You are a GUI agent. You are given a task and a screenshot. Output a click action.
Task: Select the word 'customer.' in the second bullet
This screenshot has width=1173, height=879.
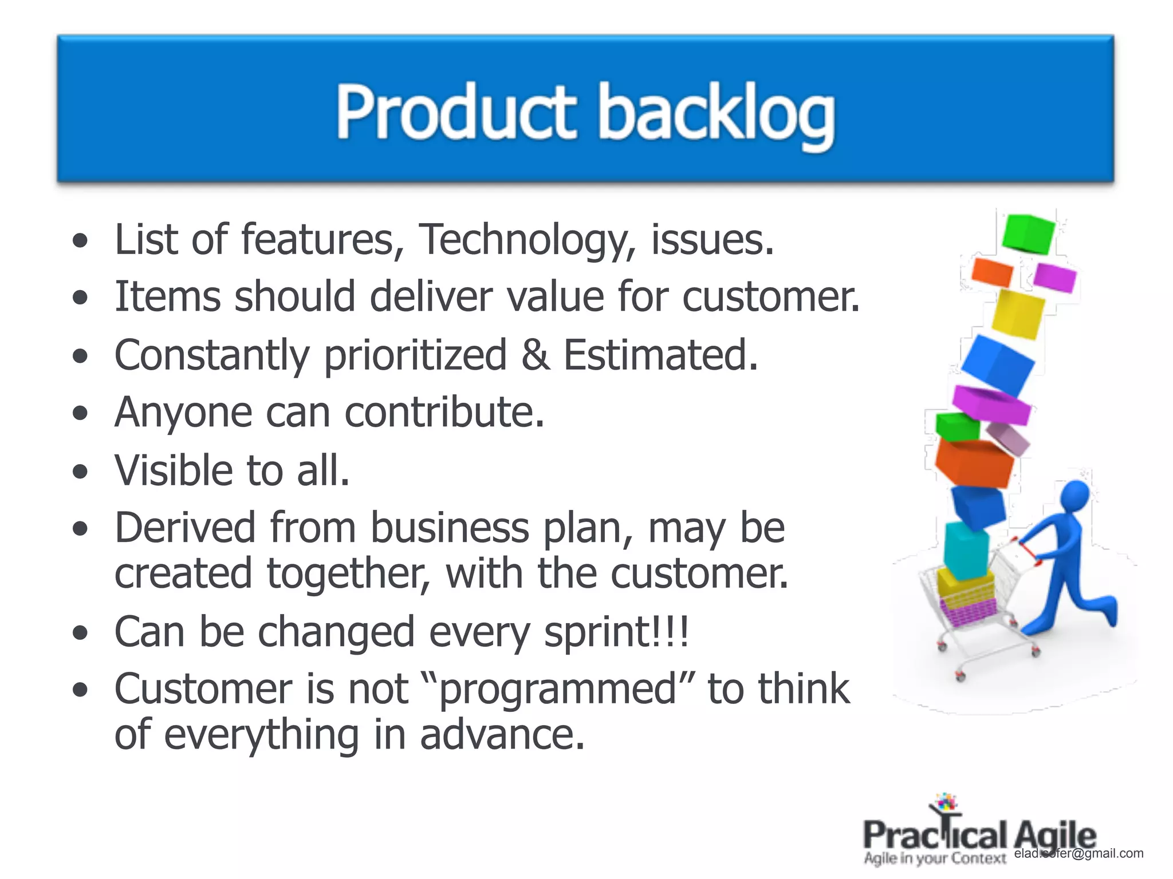pos(771,298)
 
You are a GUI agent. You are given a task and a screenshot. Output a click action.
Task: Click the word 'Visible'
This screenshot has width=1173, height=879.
pos(173,470)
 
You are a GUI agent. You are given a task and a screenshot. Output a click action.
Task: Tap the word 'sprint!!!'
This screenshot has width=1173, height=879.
pos(616,633)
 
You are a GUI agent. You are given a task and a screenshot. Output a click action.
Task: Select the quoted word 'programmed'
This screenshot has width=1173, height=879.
pos(558,690)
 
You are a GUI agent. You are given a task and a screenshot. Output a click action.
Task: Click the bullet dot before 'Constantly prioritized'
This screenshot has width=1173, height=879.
pos(81,357)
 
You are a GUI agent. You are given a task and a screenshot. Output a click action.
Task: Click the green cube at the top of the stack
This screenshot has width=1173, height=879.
pos(1029,233)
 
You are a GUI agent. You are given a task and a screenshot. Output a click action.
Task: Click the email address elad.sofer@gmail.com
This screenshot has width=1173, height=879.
pos(1079,853)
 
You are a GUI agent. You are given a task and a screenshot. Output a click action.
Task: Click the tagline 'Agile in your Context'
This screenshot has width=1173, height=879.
pos(935,858)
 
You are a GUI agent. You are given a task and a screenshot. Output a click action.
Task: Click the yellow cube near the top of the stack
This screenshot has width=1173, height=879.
pos(1017,314)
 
